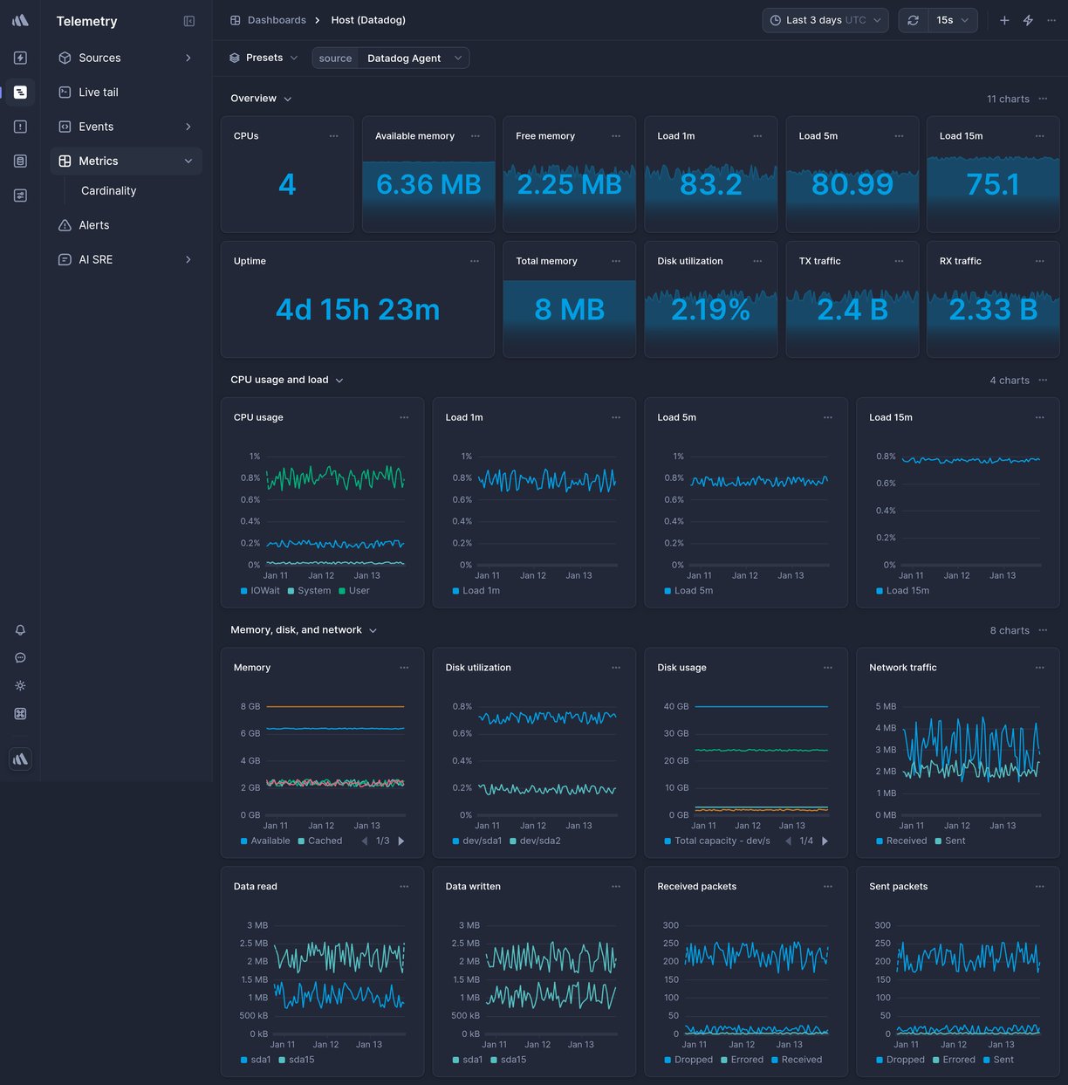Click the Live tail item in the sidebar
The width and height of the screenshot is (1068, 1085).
(98, 93)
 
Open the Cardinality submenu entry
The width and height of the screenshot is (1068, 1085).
(108, 191)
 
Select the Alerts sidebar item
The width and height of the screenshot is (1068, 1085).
(93, 225)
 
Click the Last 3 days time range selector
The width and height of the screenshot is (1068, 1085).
(825, 20)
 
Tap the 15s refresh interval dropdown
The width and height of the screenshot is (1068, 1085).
(952, 20)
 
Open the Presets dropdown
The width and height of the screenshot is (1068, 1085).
(264, 58)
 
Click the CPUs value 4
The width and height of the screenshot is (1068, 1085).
(287, 185)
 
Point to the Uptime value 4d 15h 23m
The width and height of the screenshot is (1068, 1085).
(358, 310)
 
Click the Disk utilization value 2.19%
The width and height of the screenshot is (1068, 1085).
(710, 310)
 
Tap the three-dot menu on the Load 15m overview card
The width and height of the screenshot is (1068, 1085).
(1039, 136)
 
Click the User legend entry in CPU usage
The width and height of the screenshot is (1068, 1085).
(359, 591)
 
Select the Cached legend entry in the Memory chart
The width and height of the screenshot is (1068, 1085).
(325, 841)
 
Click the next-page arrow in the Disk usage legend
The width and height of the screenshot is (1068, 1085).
(825, 841)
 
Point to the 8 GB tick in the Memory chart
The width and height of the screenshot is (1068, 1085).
(250, 707)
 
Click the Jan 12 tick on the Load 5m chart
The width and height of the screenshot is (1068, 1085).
(745, 576)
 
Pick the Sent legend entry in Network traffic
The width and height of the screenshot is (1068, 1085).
(955, 841)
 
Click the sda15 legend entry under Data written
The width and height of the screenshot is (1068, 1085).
(513, 1061)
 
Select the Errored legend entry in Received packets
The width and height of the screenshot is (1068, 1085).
(747, 1061)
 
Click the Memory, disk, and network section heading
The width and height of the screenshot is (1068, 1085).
(296, 630)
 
